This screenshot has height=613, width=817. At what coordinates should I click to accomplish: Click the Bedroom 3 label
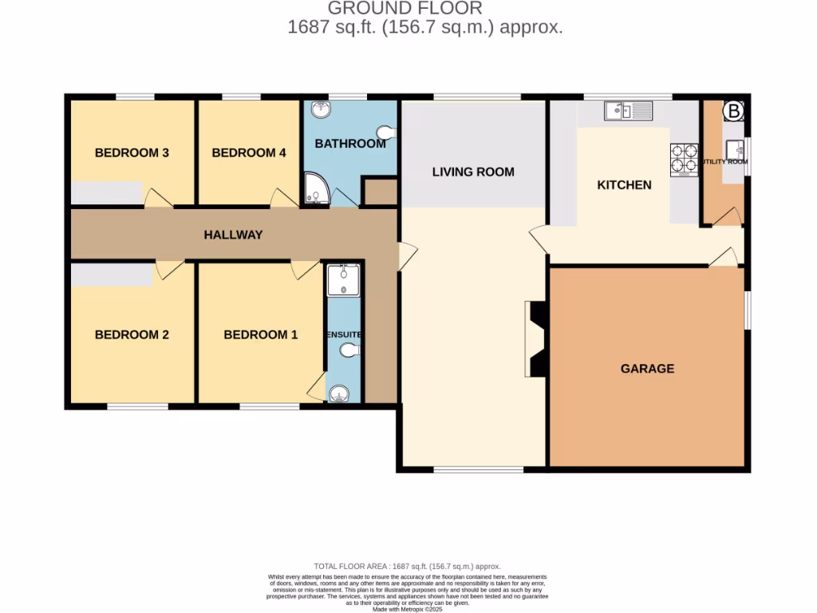click(132, 152)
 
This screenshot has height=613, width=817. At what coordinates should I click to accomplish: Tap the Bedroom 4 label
click(249, 152)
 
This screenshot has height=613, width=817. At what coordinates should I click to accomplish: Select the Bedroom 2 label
click(132, 334)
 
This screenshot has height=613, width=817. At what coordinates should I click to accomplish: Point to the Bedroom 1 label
click(261, 334)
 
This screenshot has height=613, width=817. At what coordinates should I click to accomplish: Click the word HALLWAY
click(233, 235)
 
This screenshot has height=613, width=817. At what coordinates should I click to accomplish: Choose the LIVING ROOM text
click(473, 172)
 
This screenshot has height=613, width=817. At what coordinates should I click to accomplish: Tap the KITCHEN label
click(625, 184)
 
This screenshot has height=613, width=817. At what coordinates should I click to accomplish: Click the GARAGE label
click(647, 369)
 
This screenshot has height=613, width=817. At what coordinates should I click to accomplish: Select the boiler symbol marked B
click(733, 110)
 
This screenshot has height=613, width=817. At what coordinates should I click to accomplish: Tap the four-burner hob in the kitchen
click(684, 158)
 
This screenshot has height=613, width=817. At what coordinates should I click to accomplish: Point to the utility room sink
click(735, 148)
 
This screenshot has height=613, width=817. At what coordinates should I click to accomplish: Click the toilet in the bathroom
click(386, 132)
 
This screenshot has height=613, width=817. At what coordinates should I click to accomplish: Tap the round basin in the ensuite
click(340, 393)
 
